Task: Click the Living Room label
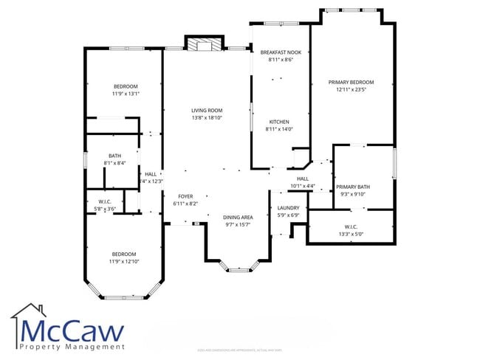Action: click(207, 110)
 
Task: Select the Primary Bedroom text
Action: click(351, 82)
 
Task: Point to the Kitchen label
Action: click(278, 122)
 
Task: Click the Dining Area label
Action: click(238, 217)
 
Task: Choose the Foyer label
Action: click(185, 196)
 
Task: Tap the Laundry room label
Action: click(288, 208)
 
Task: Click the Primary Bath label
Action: click(353, 187)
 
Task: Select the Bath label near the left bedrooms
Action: click(114, 156)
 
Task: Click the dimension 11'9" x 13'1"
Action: click(126, 94)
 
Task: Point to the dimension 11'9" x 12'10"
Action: click(125, 261)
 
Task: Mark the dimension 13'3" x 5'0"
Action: click(351, 235)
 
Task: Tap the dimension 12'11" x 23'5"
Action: click(351, 89)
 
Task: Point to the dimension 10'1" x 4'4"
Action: click(302, 185)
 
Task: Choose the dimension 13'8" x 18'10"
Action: click(207, 117)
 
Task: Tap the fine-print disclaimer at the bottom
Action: click(240, 350)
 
